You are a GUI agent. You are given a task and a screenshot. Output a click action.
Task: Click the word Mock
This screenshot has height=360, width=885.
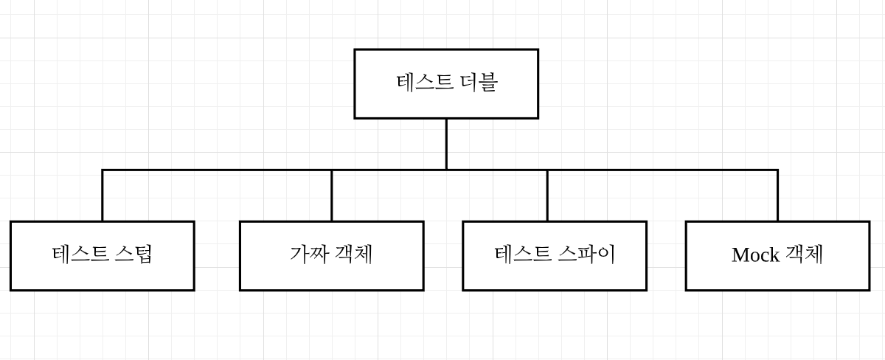(x=755, y=255)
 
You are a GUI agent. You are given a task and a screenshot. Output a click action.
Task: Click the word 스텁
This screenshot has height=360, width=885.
(x=134, y=255)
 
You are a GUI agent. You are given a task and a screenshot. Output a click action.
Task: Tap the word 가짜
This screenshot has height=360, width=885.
(x=309, y=255)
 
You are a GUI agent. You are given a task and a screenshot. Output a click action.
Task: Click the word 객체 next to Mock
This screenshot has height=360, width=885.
(x=804, y=255)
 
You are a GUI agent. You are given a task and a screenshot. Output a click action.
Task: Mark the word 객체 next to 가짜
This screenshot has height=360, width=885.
(x=354, y=255)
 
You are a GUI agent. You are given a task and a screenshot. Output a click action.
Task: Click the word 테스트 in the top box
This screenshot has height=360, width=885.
(x=424, y=82)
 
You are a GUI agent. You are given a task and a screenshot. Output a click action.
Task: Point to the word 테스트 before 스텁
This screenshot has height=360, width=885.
(x=80, y=255)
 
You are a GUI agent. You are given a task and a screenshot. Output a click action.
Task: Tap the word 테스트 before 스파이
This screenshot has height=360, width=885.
(x=523, y=255)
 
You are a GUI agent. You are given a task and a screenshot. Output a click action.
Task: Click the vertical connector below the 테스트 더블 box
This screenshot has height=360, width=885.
(x=446, y=144)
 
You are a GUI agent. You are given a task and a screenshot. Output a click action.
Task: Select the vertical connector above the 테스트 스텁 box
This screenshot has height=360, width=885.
(x=103, y=196)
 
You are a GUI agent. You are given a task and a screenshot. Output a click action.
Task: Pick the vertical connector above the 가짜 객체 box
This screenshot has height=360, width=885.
(x=331, y=196)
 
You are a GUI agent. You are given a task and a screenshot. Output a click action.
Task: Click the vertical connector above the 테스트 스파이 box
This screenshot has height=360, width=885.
(x=547, y=196)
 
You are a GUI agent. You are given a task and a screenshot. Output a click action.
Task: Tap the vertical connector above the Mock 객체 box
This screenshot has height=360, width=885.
(x=777, y=196)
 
